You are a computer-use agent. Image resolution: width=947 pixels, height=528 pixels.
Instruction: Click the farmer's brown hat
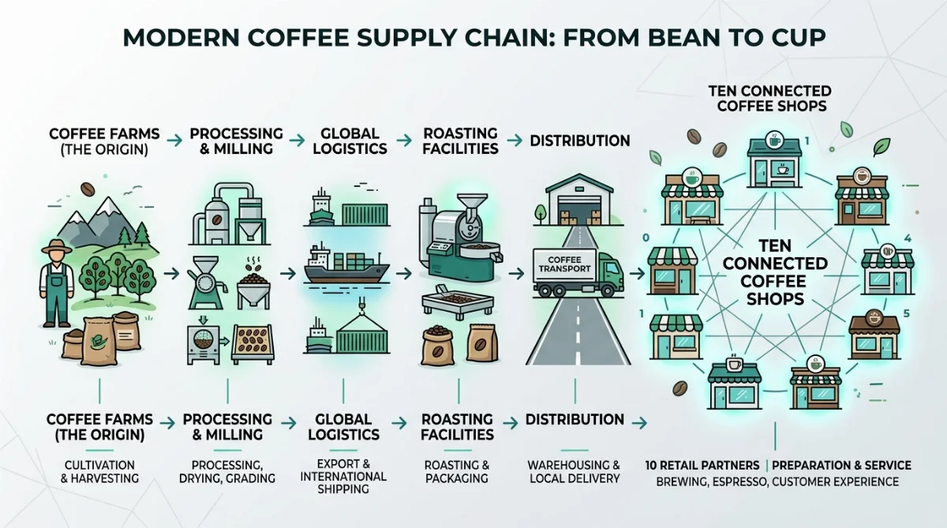[x=57, y=246]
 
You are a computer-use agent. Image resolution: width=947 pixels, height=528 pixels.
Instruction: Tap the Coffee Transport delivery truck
[x=578, y=271]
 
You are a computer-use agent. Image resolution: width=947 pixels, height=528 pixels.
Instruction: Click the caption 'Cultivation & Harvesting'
[x=99, y=472]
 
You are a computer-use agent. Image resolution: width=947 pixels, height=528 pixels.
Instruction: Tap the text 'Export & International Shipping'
[x=343, y=477]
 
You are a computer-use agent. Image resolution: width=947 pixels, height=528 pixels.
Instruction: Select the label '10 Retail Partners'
[x=702, y=466]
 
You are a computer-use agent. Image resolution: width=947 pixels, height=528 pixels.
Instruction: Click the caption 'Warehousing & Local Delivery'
[x=575, y=472]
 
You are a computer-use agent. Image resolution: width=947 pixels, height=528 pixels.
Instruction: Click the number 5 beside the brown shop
[x=907, y=313]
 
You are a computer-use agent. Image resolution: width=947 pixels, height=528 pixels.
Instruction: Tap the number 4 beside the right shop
[x=908, y=238]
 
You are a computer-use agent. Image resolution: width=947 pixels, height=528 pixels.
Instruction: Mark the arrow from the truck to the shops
[x=637, y=274]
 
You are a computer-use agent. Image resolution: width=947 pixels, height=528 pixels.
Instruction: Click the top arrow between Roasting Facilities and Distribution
[x=515, y=140]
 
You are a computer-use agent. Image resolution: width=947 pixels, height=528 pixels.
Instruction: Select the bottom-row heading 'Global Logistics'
[x=343, y=427]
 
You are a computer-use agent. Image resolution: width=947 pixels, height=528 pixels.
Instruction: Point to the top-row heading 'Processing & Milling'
[x=236, y=141]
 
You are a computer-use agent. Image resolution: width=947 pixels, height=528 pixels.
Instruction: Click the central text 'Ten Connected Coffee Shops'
[x=775, y=272]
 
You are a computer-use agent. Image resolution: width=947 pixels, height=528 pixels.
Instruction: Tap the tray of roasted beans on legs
[x=458, y=304]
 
